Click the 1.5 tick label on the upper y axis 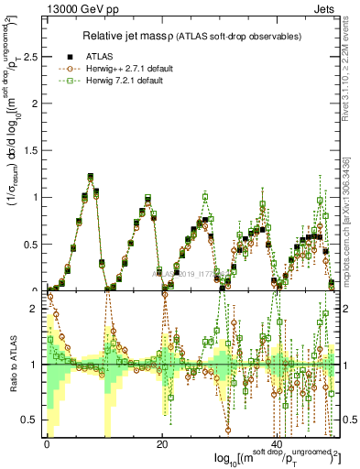click(x=32, y=150)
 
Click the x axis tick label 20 click(x=161, y=443)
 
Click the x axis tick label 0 click(x=47, y=443)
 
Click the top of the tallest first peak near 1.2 click(x=90, y=177)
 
